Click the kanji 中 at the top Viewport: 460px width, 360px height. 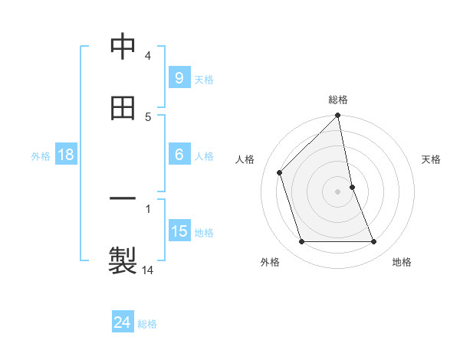point(123,47)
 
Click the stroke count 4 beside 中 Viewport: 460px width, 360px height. point(148,56)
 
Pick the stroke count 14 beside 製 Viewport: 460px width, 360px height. point(148,270)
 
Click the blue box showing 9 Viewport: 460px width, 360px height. point(179,78)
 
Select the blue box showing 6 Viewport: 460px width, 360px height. point(179,155)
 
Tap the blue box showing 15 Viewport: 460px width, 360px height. point(179,231)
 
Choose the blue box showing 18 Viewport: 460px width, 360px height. point(65,155)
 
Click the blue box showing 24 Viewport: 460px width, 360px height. point(122,323)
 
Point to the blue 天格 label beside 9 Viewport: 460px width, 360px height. point(204,80)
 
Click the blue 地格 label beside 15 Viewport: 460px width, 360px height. point(204,233)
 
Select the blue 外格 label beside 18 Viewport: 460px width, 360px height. point(41,156)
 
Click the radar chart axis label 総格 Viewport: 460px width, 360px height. point(338,100)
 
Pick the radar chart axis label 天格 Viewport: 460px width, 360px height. point(432,159)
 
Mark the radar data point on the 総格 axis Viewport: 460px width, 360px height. point(338,116)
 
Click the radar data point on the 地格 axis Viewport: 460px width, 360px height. point(374,242)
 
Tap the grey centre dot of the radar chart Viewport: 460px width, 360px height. point(338,191)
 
